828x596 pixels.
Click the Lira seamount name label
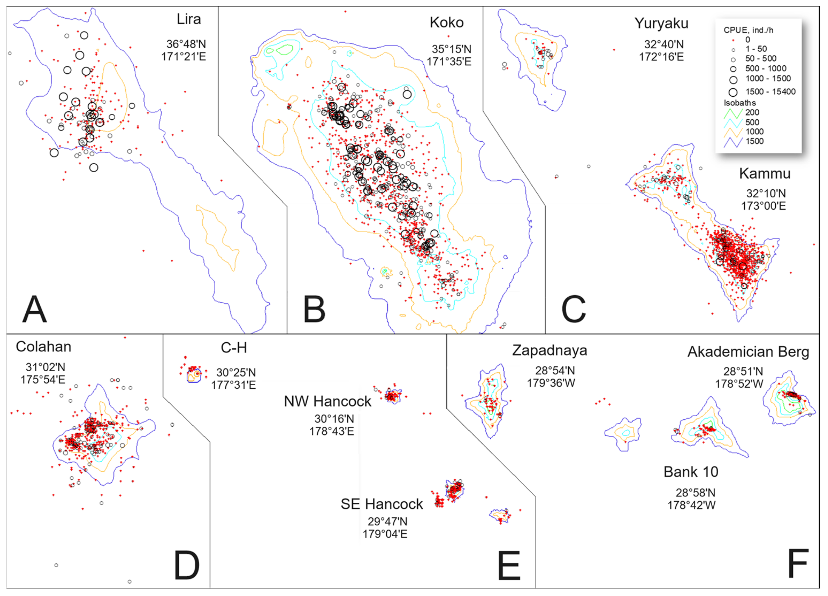(189, 19)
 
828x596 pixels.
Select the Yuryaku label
(661, 23)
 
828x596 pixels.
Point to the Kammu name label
(765, 173)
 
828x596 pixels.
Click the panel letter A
(35, 310)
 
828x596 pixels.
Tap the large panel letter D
(187, 566)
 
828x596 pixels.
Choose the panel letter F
(798, 564)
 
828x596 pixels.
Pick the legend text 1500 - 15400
(770, 92)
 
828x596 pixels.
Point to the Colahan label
(44, 347)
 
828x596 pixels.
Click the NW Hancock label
(328, 401)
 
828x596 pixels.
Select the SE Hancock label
(382, 504)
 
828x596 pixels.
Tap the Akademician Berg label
(748, 352)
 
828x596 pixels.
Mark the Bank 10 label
(691, 472)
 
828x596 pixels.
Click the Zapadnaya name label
(549, 350)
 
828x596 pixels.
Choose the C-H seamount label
(234, 348)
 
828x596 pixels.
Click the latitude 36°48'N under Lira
(186, 44)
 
